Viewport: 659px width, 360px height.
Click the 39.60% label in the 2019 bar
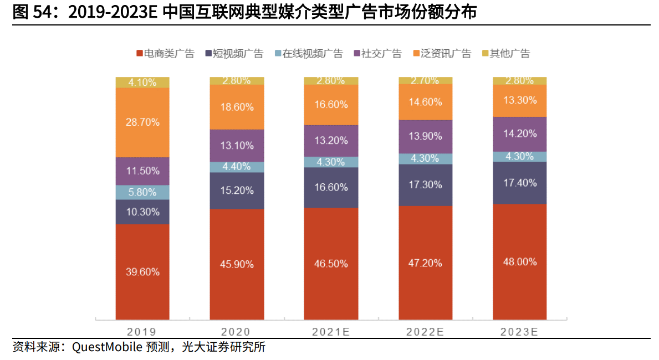pyautogui.click(x=142, y=272)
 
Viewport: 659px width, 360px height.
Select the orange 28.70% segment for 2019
pyautogui.click(x=142, y=122)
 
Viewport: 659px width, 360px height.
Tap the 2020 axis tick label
pyautogui.click(x=236, y=332)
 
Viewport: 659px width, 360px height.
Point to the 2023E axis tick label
pyautogui.click(x=519, y=332)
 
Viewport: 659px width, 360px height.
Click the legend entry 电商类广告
pyautogui.click(x=165, y=54)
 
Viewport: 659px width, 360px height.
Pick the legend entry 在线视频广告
pyautogui.click(x=308, y=54)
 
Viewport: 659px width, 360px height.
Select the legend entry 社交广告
pyautogui.click(x=376, y=54)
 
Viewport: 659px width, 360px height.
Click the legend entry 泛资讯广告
pyautogui.click(x=442, y=54)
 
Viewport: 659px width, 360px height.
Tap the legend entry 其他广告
pyautogui.click(x=505, y=54)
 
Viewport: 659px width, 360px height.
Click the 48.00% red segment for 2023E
pyautogui.click(x=520, y=262)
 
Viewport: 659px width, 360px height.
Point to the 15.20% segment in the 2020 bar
pyautogui.click(x=237, y=191)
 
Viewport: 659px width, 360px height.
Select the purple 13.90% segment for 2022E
pyautogui.click(x=425, y=136)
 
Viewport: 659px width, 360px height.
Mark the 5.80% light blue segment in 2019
pyautogui.click(x=142, y=192)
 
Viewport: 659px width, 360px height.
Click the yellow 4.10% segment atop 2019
pyautogui.click(x=142, y=83)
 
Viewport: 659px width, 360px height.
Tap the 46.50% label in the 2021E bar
pyautogui.click(x=331, y=264)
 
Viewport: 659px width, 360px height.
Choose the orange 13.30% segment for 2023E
pyautogui.click(x=520, y=100)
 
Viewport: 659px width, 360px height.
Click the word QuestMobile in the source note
pyautogui.click(x=105, y=348)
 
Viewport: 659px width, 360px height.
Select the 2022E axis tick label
pyautogui.click(x=425, y=332)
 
